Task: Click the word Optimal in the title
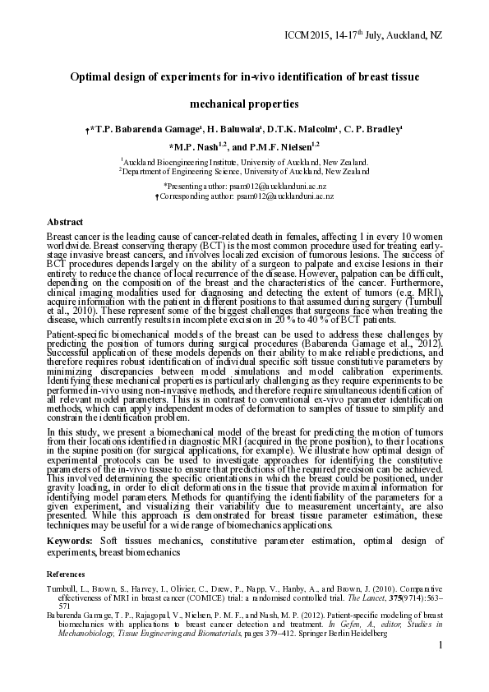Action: coord(91,77)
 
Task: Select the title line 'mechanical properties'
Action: coord(244,104)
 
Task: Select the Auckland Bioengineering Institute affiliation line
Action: coord(245,163)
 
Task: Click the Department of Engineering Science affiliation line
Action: coord(245,172)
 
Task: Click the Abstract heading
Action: coord(65,222)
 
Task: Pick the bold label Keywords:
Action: coord(70,542)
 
